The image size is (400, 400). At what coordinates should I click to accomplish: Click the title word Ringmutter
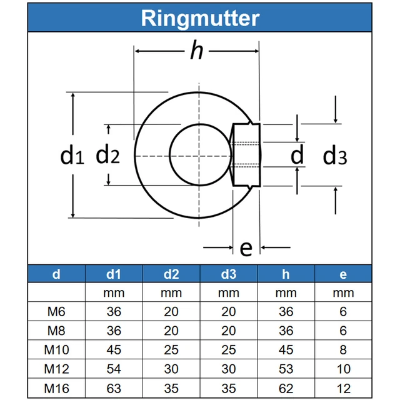pos(200,17)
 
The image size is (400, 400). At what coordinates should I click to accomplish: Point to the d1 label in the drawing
pos(72,155)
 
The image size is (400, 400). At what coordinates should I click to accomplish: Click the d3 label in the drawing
pos(334,156)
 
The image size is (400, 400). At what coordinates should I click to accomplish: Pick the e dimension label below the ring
pos(246,248)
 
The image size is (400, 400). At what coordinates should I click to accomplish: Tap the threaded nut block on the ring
pos(246,154)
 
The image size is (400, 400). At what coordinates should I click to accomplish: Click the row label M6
pos(56,311)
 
